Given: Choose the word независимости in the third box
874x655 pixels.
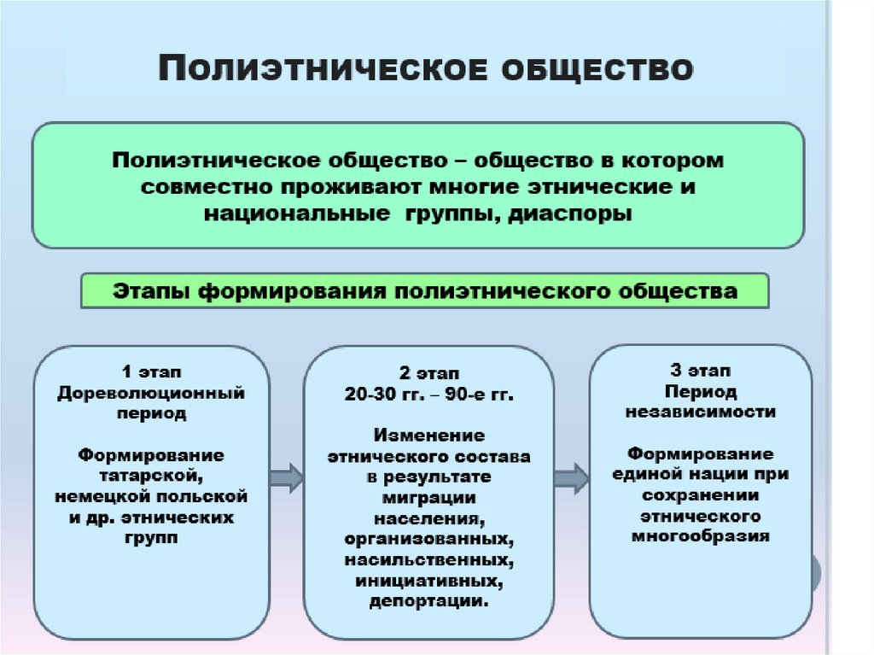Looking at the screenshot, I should (x=699, y=412).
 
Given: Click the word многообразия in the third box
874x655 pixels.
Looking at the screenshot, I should (x=701, y=536).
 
